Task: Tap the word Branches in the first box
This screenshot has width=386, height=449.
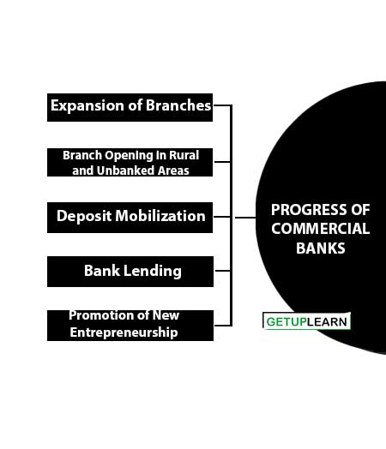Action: click(178, 105)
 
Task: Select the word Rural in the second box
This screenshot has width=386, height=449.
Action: click(184, 155)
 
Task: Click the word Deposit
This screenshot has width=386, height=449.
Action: click(84, 216)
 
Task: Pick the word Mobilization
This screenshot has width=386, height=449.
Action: click(160, 216)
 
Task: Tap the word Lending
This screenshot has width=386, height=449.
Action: click(153, 271)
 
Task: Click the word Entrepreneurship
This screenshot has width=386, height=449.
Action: click(124, 332)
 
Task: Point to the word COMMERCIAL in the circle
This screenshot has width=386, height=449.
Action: click(320, 229)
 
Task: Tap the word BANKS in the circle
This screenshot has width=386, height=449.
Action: click(320, 248)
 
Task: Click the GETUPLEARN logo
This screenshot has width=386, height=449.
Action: click(306, 321)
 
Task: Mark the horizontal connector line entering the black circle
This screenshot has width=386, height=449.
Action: click(245, 218)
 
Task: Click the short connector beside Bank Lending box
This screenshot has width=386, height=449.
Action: click(223, 271)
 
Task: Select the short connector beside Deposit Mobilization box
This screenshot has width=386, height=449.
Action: click(222, 217)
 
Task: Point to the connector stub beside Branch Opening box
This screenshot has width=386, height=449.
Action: click(222, 162)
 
